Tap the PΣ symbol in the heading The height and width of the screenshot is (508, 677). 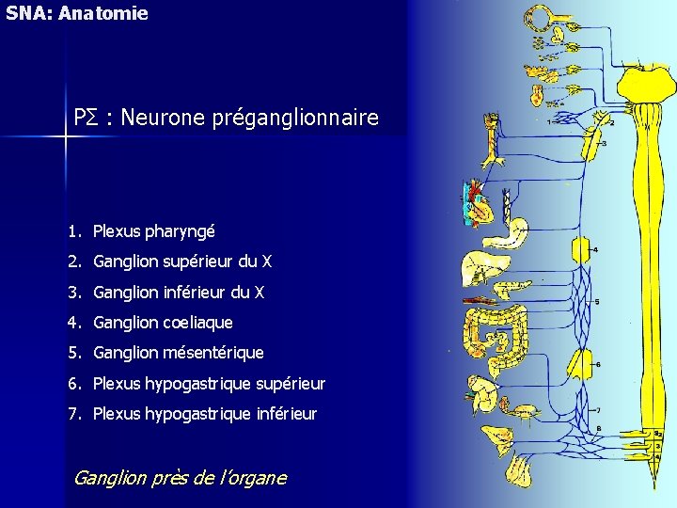tap(86, 119)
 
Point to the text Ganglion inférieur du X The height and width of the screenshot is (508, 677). tap(178, 293)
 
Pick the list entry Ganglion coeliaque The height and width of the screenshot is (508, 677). tap(163, 323)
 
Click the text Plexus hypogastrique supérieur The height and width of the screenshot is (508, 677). tap(209, 384)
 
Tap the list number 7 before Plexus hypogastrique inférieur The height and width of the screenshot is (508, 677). tap(71, 414)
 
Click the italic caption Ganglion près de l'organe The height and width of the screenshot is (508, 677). tap(180, 478)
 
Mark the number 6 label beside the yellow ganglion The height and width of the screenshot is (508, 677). tap(599, 365)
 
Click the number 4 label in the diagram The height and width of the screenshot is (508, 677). tap(596, 249)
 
